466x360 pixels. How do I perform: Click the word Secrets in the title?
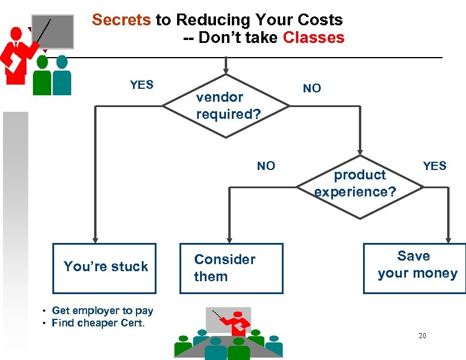tap(121, 20)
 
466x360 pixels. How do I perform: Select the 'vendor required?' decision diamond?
tap(227, 106)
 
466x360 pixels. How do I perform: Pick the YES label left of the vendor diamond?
tap(141, 85)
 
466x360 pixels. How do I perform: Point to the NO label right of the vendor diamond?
tap(312, 88)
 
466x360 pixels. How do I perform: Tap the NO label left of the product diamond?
tap(265, 166)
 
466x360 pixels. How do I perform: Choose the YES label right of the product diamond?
tap(434, 166)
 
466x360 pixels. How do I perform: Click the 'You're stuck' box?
tap(105, 268)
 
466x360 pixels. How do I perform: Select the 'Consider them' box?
tap(231, 268)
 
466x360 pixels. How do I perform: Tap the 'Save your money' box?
tap(414, 268)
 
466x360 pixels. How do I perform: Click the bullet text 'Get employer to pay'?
tap(102, 311)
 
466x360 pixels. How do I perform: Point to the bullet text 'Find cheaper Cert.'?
tap(98, 323)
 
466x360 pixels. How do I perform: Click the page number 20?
tap(422, 336)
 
